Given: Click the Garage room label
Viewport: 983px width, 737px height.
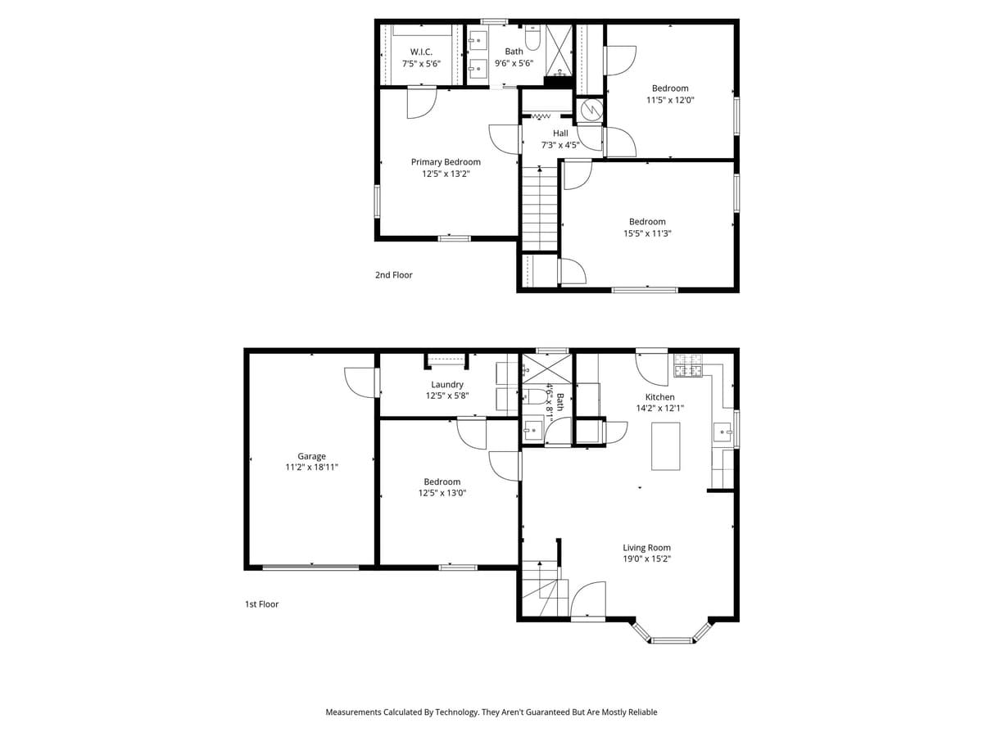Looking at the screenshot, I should (311, 456).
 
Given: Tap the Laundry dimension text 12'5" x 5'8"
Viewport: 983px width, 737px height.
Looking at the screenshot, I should (447, 396).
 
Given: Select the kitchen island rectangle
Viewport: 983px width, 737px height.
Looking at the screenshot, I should (665, 445).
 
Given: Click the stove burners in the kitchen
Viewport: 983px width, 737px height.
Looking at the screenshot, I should (688, 365).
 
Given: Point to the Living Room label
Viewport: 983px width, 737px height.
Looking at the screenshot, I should (646, 548).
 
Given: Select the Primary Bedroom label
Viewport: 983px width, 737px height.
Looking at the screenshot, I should (446, 162).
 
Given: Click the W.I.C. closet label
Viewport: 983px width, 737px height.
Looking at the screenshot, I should (421, 52).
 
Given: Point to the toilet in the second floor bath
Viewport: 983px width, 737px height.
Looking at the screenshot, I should (532, 38).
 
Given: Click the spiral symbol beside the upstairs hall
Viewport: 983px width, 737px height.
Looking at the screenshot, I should (590, 110).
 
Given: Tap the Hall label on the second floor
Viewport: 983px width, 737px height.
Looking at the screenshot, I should (560, 133).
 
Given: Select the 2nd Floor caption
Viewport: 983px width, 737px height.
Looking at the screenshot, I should (393, 275).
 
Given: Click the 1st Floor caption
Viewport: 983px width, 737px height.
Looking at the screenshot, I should (261, 604).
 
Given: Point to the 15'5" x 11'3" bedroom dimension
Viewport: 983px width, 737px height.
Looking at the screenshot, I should (647, 233).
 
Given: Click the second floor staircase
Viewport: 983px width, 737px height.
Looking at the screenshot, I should (540, 209).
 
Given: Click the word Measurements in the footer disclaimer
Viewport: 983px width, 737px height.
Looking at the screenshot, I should (354, 712).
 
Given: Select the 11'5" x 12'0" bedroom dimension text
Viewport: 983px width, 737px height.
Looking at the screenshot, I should (670, 100).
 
